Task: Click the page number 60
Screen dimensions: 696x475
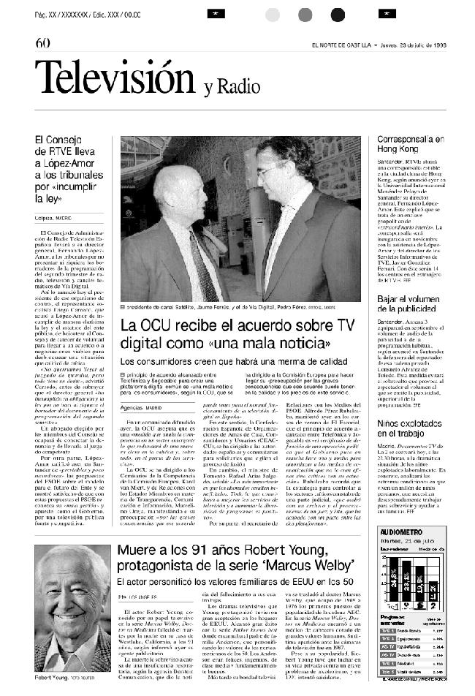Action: tap(42, 43)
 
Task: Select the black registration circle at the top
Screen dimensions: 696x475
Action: tap(338, 14)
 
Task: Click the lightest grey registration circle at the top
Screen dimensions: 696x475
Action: tap(273, 14)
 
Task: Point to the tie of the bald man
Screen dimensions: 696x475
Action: tap(202, 271)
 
